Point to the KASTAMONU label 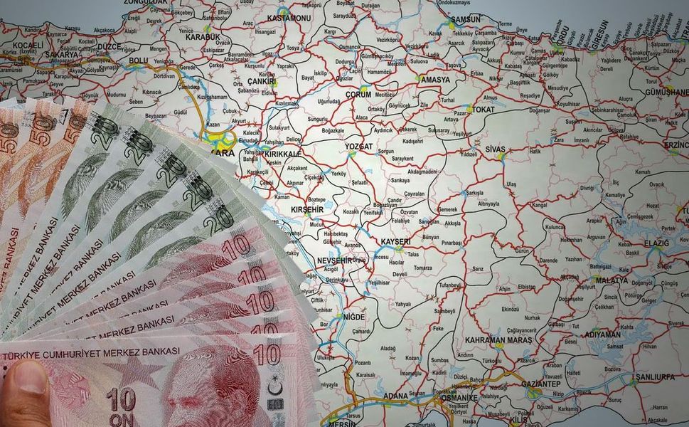click(289, 17)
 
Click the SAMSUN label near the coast click(466, 19)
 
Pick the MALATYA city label click(611, 280)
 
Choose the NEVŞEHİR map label click(334, 260)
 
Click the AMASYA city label click(435, 80)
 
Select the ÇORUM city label click(358, 95)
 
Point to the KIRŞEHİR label click(307, 210)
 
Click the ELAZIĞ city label click(657, 243)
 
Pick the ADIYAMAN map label click(602, 334)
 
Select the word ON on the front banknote click(121, 420)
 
